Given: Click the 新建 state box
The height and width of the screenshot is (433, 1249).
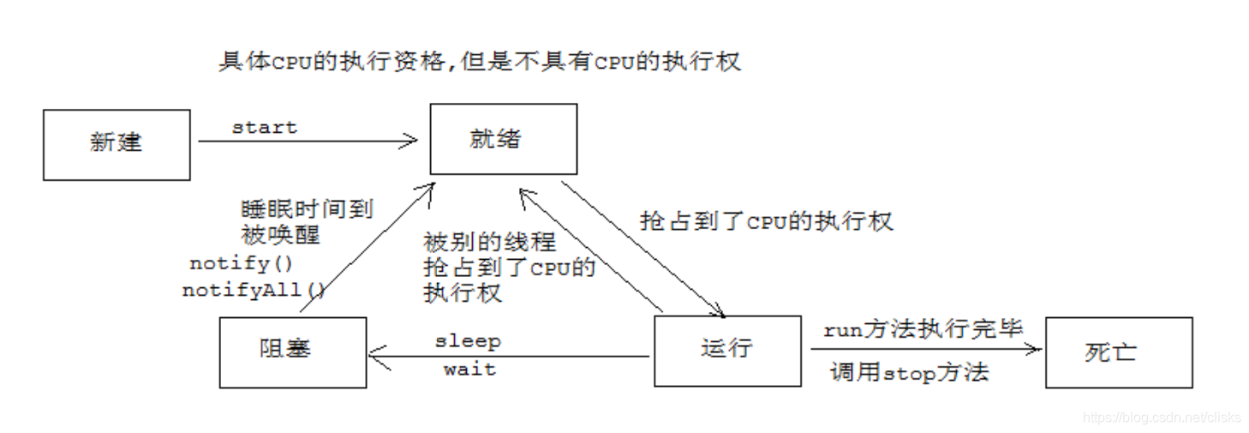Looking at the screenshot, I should coord(117,144).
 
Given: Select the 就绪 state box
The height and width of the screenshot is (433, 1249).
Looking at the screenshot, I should coord(503,139).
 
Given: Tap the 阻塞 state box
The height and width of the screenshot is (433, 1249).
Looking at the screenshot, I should coord(292,352).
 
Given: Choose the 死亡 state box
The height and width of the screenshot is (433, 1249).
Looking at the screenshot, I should coord(1118,352).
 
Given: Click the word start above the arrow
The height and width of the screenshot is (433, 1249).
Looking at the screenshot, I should coord(264,128).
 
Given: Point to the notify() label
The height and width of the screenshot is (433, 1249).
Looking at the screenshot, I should coord(241,263).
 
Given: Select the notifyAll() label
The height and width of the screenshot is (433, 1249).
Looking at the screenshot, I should coord(254,291).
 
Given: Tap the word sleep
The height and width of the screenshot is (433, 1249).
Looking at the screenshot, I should coord(468,341).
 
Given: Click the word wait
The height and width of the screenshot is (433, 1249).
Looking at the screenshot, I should coord(469,370).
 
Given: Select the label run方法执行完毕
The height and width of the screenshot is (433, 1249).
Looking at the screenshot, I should coord(923,329).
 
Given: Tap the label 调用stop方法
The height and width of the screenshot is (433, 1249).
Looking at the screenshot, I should coord(909,372).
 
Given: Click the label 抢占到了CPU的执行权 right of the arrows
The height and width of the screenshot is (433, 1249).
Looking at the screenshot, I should coord(766,221).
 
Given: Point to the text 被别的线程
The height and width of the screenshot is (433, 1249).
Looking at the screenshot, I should coord(489,243).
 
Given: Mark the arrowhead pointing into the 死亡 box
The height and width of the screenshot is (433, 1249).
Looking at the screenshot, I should coord(1035,349).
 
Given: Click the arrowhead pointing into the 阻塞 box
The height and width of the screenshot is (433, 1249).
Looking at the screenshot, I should coord(377,355).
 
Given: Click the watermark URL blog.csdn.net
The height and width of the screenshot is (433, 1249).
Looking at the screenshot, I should coord(1161,418).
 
